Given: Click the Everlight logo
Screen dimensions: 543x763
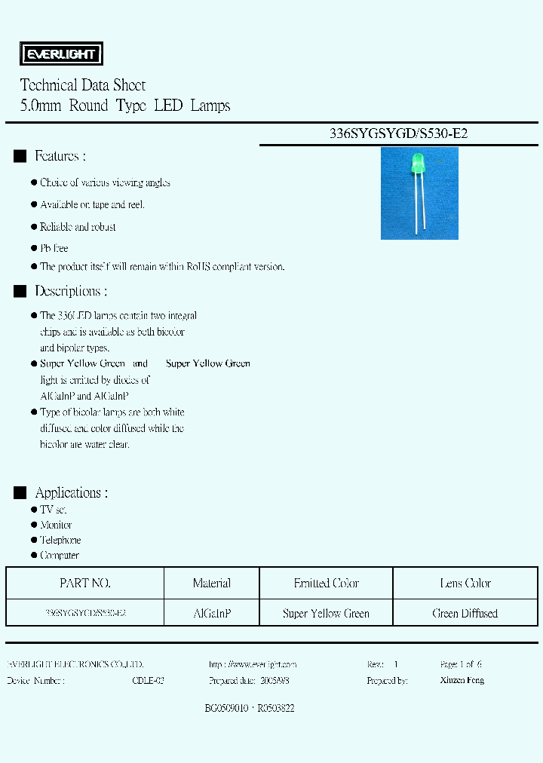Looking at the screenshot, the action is pyautogui.click(x=60, y=54).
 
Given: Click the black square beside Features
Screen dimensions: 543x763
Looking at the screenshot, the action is pyautogui.click(x=20, y=156).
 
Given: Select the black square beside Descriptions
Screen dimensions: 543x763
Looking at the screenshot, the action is pyautogui.click(x=20, y=291).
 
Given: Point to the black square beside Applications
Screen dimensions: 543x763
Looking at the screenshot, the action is pyautogui.click(x=20, y=493).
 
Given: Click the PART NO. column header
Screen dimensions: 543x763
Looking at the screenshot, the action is pyautogui.click(x=85, y=583).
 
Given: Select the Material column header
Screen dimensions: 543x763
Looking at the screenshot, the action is pyautogui.click(x=212, y=583).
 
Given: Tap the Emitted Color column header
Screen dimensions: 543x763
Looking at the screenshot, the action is pyautogui.click(x=326, y=583).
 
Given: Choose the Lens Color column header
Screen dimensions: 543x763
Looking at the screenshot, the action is pyautogui.click(x=465, y=583).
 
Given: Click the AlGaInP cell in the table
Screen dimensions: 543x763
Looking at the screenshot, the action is pyautogui.click(x=212, y=614).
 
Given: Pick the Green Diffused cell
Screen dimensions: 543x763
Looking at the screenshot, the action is pyautogui.click(x=465, y=614).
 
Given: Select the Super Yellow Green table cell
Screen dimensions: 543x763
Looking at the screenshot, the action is pyautogui.click(x=326, y=614).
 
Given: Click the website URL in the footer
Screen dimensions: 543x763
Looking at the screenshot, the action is pyautogui.click(x=253, y=664).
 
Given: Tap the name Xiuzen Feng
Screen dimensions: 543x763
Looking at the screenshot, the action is pyautogui.click(x=462, y=680).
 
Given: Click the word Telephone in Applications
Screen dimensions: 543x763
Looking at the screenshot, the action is pyautogui.click(x=60, y=541).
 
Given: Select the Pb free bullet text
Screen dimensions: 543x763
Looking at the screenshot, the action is pyautogui.click(x=54, y=248).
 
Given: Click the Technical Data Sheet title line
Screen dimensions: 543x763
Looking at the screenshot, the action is pyautogui.click(x=83, y=85).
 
